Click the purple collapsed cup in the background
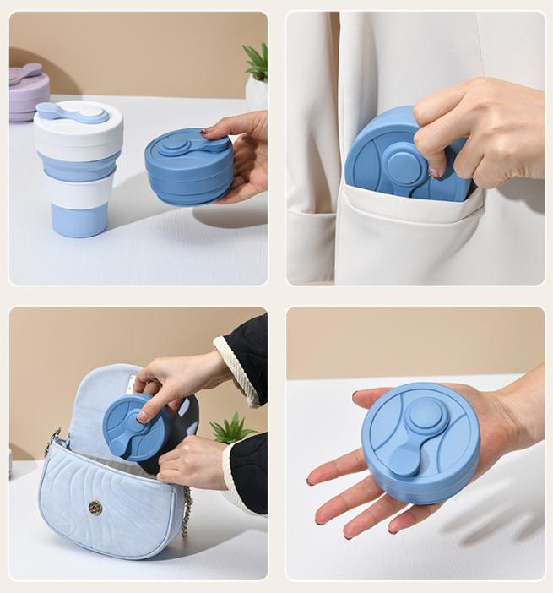click(x=28, y=91)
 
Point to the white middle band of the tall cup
click(x=80, y=189)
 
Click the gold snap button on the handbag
click(x=95, y=507)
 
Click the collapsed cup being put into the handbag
click(x=135, y=427)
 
